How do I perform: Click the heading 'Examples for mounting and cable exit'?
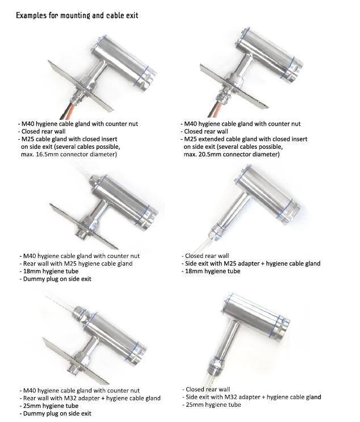coord(77,15)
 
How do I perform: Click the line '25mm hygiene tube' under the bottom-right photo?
coord(213,404)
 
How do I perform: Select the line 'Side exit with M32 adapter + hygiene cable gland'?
coord(253,397)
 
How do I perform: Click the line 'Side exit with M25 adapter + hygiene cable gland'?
coord(253,264)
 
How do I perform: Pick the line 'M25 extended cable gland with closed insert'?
coord(245,139)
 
